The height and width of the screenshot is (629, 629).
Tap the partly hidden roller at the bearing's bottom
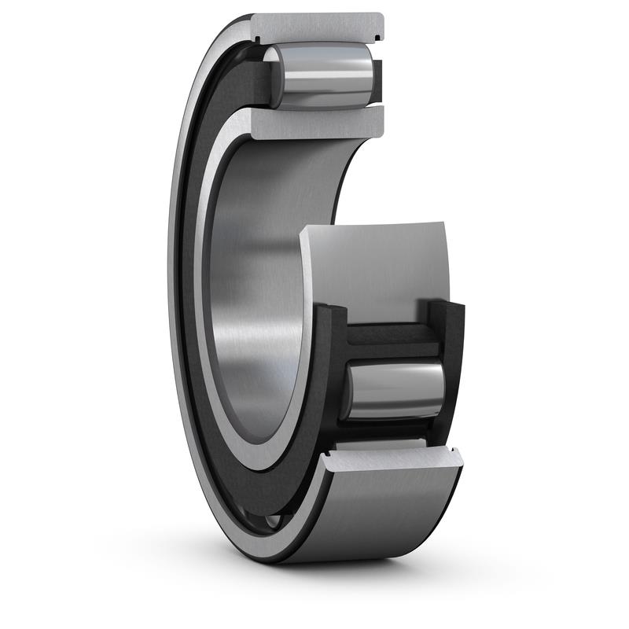pos(271,520)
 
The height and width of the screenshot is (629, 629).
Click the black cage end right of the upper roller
pos(377,79)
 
